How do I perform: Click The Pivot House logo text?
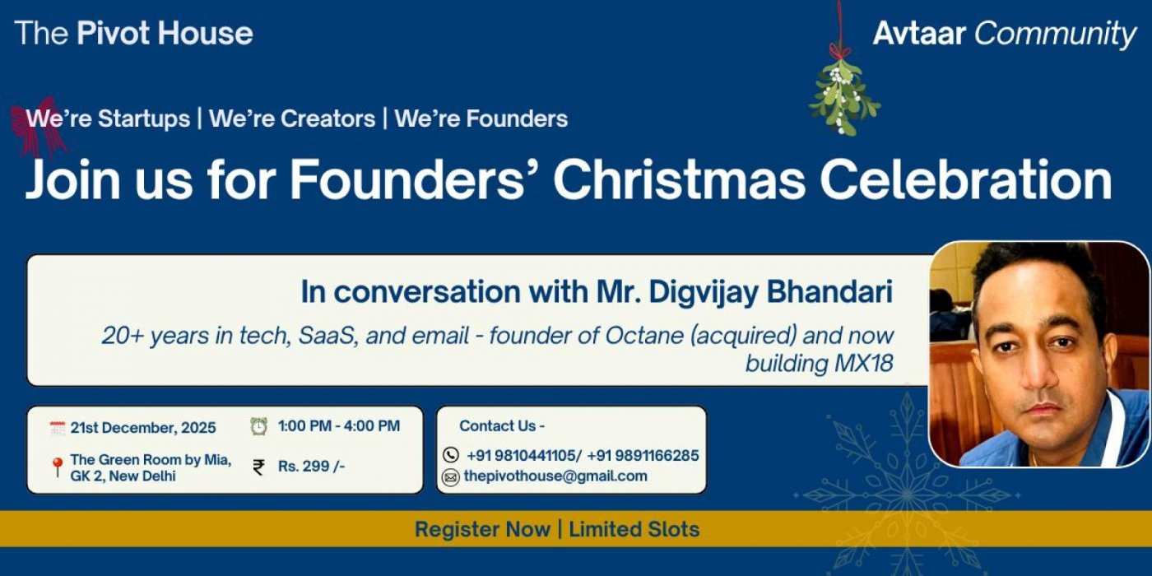(134, 34)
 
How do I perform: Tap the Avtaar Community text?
(1005, 34)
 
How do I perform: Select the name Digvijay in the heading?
(691, 292)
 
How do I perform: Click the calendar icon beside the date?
(57, 428)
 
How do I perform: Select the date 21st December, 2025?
(143, 428)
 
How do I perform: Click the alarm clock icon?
(259, 426)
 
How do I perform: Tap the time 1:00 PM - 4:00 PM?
(339, 426)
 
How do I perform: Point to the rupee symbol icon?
(259, 467)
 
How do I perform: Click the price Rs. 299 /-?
(311, 467)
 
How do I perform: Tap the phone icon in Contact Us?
(450, 455)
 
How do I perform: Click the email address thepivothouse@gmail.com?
(555, 476)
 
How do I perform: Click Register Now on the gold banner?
(482, 529)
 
